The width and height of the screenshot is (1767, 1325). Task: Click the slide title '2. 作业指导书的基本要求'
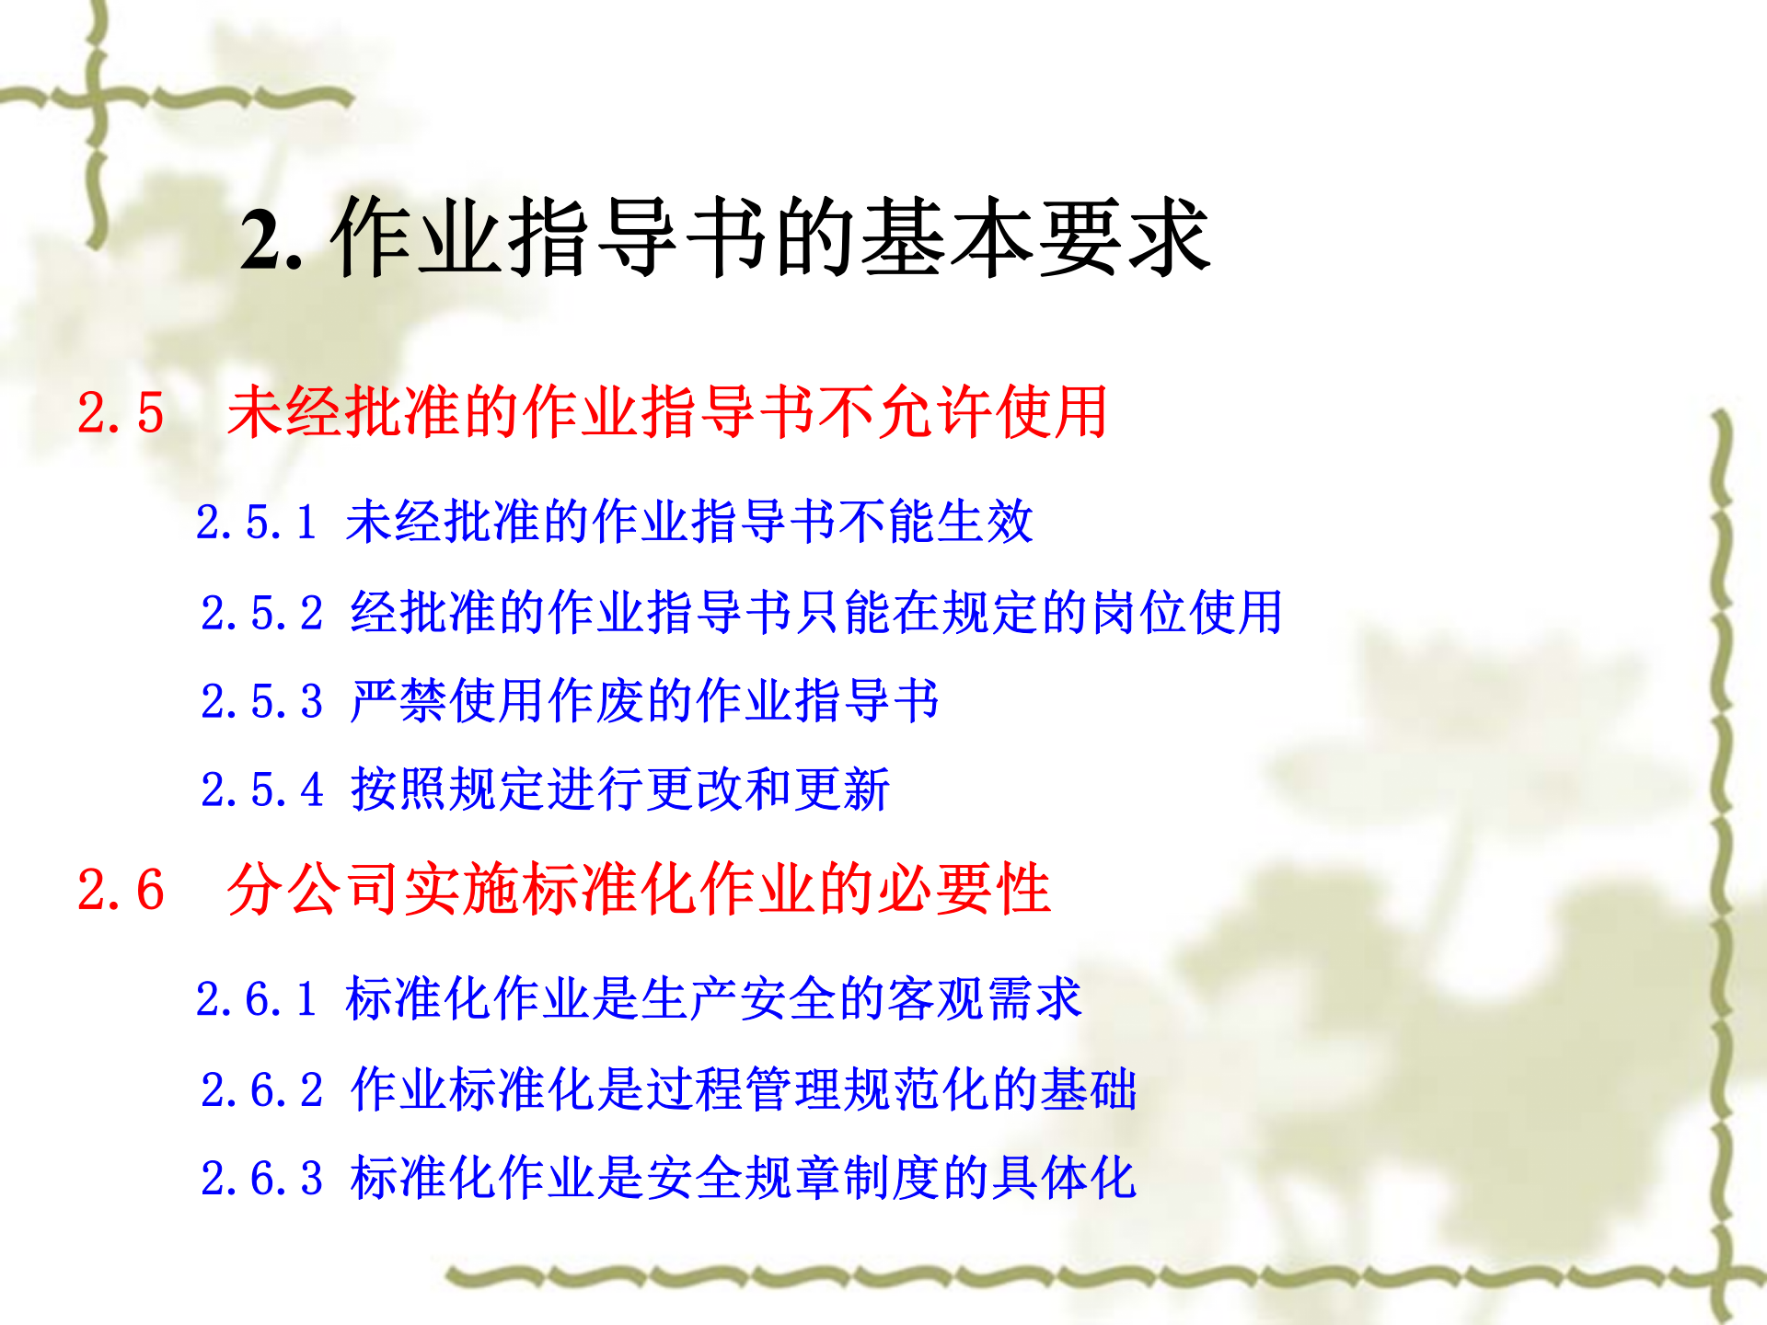[x=725, y=237]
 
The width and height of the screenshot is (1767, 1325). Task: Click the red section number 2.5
[x=121, y=412]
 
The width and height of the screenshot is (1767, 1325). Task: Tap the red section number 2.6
[x=121, y=890]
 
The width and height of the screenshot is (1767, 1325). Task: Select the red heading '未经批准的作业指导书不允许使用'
[x=667, y=411]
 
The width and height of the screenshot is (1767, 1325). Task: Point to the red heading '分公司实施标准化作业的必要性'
[x=639, y=889]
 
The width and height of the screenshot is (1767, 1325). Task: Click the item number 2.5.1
[x=257, y=522]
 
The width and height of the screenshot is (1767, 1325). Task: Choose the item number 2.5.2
[x=262, y=613]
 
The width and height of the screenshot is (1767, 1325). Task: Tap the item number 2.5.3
[x=262, y=701]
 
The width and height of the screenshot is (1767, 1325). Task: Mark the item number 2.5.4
[x=262, y=789]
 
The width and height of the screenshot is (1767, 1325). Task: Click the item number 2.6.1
[x=257, y=999]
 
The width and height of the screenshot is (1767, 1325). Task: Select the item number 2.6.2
[x=262, y=1090]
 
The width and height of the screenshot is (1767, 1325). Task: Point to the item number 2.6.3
[x=262, y=1179]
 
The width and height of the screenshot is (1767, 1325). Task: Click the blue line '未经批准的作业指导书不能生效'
[x=689, y=521]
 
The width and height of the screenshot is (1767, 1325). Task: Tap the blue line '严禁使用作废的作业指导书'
[x=644, y=700]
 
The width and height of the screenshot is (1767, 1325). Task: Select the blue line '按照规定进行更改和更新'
[x=620, y=789]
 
